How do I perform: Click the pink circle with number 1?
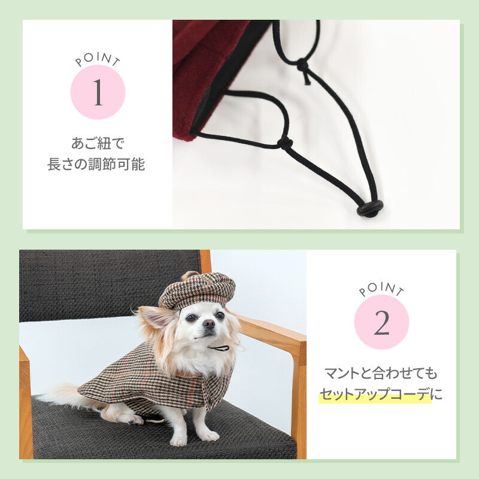tap(98, 92)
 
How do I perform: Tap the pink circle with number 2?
tap(381, 322)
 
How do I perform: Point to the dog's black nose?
tap(209, 323)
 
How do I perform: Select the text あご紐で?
tap(98, 143)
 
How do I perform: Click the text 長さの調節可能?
tap(96, 164)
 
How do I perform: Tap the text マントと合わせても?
tap(381, 373)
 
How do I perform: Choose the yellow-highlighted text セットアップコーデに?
tap(381, 394)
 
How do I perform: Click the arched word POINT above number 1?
tap(98, 59)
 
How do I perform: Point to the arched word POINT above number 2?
tap(381, 289)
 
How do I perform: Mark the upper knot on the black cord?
tap(302, 65)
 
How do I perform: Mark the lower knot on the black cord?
tap(285, 143)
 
